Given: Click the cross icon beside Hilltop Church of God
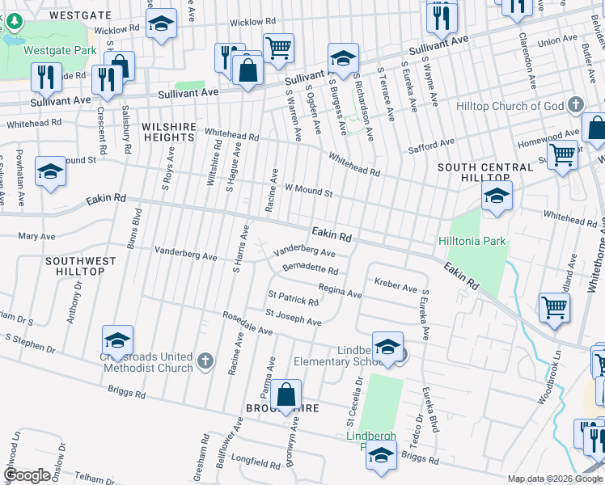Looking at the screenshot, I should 575,105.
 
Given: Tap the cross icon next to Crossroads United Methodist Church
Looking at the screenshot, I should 205,361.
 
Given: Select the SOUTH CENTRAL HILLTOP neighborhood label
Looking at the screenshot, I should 473,172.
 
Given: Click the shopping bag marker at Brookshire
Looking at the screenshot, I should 286,396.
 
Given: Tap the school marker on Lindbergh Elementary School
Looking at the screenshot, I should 388,346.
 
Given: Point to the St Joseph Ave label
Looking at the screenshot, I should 294,317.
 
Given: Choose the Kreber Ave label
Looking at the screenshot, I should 396,287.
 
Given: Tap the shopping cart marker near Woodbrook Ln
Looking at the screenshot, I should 555,308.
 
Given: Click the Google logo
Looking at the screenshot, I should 27,475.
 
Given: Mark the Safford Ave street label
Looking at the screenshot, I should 432,145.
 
